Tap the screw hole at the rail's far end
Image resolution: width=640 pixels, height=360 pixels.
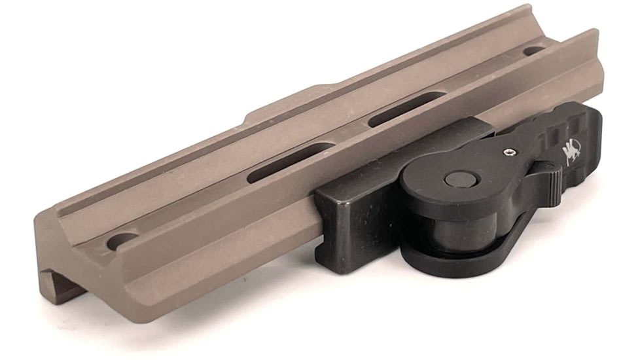click(533, 50)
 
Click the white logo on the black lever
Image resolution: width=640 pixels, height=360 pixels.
click(571, 153)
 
